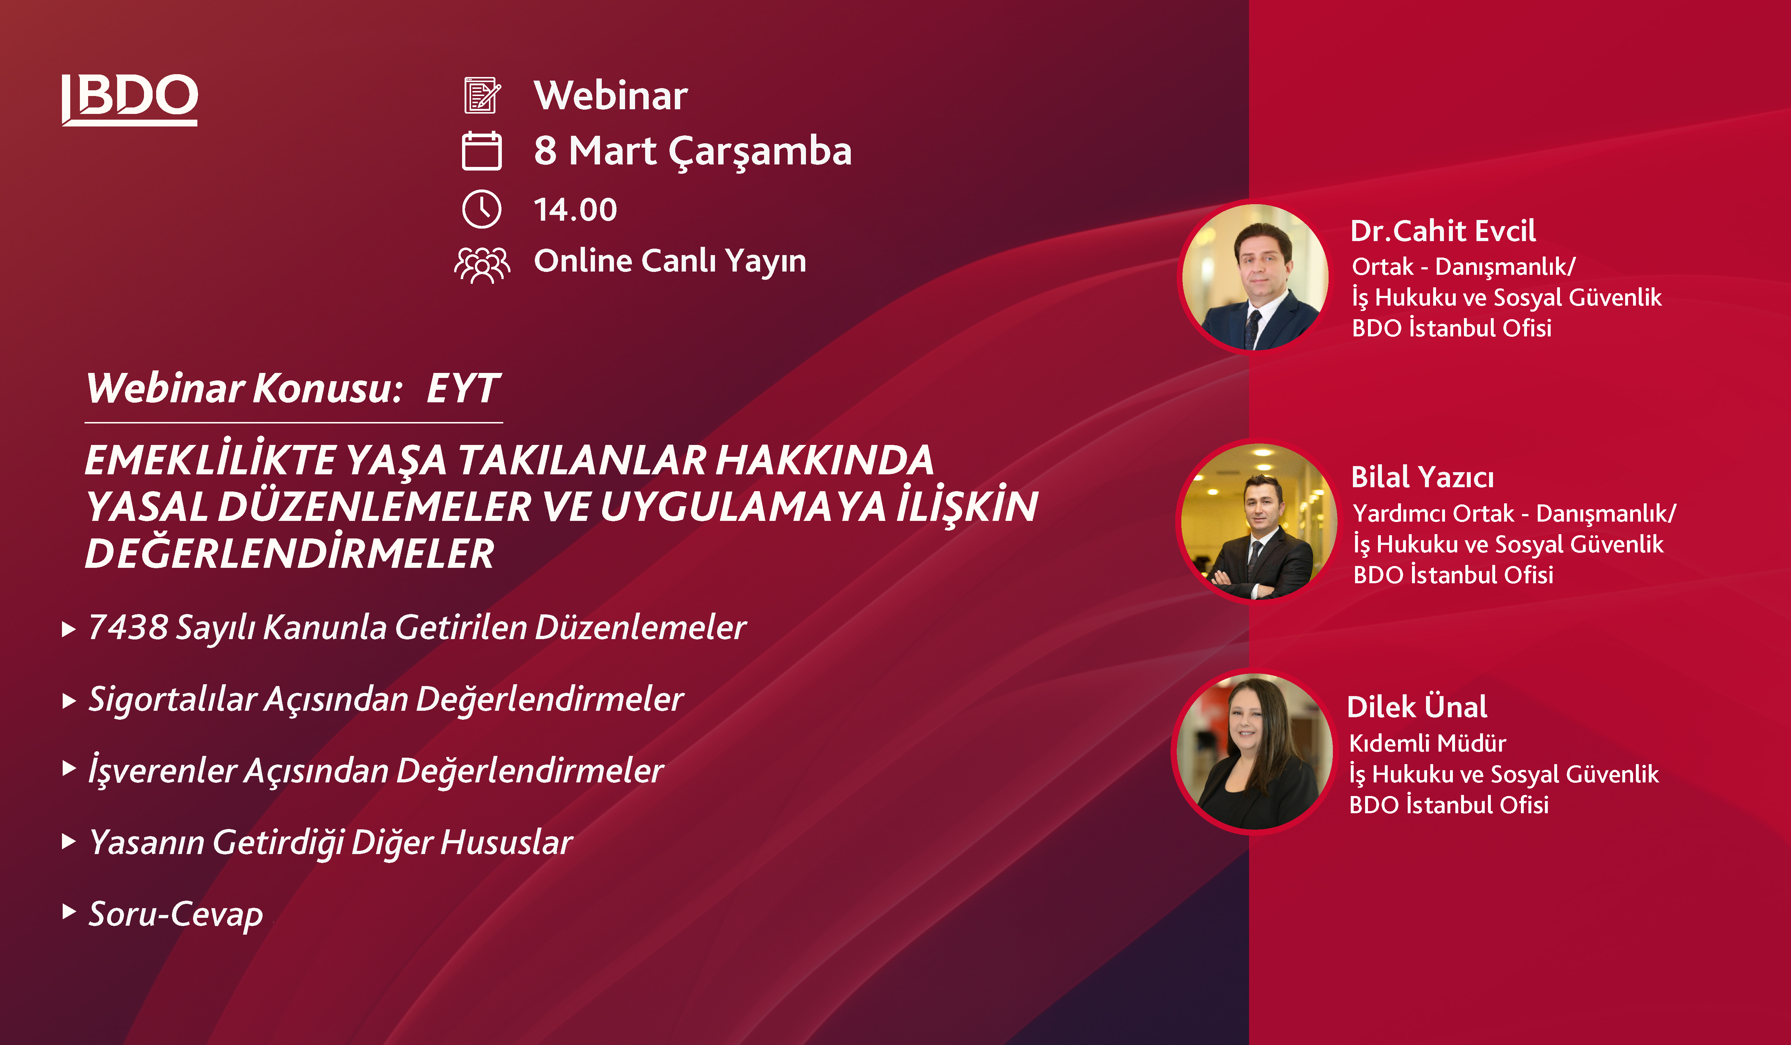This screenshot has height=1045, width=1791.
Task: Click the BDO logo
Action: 129,100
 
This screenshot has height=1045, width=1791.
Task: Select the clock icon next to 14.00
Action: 482,209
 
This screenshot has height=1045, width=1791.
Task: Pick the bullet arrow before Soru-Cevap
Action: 69,911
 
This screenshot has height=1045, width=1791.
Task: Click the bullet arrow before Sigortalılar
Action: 69,701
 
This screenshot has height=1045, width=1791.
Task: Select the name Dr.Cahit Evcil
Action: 1443,231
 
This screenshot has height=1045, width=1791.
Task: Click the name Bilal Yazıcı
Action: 1422,477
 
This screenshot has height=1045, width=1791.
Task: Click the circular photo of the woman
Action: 1254,751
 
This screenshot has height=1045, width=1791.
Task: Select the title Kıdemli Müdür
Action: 1427,744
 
